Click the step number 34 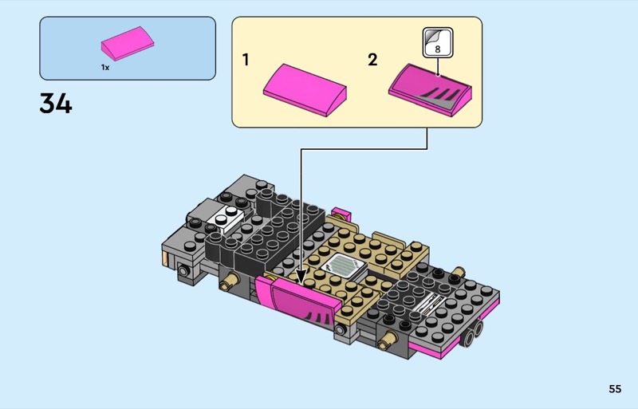point(56,104)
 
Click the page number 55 point(615,389)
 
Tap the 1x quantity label point(105,68)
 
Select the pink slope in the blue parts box point(128,44)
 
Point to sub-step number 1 point(246,60)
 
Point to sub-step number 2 point(372,60)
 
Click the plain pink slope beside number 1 point(305,90)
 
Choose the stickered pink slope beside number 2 point(430,90)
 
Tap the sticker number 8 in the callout point(438,49)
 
